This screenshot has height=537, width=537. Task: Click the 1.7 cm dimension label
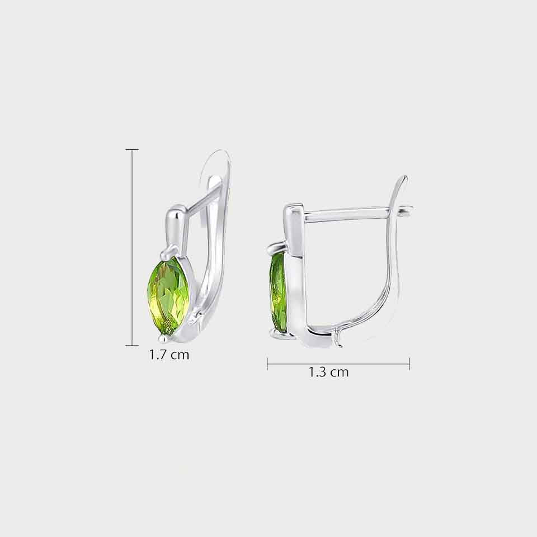(169, 355)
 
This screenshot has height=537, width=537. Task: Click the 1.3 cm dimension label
(328, 371)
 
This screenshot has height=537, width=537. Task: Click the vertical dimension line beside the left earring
(132, 248)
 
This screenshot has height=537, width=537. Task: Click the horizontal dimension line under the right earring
(338, 364)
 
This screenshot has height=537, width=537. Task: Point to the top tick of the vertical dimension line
(132, 150)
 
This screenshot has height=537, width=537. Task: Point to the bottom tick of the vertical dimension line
(132, 346)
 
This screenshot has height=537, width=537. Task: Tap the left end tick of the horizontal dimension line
(267, 364)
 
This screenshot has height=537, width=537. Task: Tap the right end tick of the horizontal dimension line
(409, 364)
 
